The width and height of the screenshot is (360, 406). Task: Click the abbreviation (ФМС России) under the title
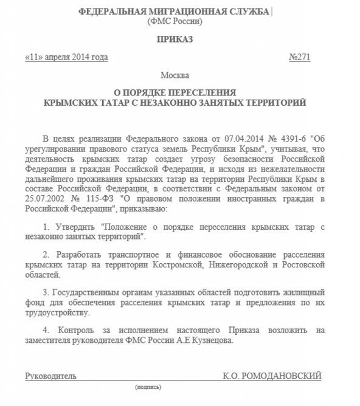tap(175, 21)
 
